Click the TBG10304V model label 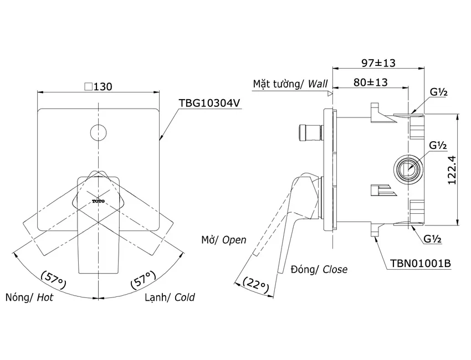click(x=209, y=103)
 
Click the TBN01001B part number click(x=420, y=263)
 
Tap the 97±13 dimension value click(x=378, y=63)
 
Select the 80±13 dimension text click(x=370, y=82)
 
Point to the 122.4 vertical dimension click(x=452, y=170)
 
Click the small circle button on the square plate click(x=99, y=132)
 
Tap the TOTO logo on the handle click(x=98, y=201)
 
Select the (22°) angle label click(x=256, y=284)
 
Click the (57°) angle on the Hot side click(x=53, y=280)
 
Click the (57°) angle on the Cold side click(x=144, y=280)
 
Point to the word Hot click(x=45, y=297)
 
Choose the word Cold click(x=185, y=297)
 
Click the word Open click(x=234, y=240)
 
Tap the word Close click(x=335, y=269)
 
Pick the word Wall click(x=318, y=84)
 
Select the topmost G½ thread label click(x=439, y=92)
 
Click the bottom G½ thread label click(x=433, y=239)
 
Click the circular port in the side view click(x=408, y=170)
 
